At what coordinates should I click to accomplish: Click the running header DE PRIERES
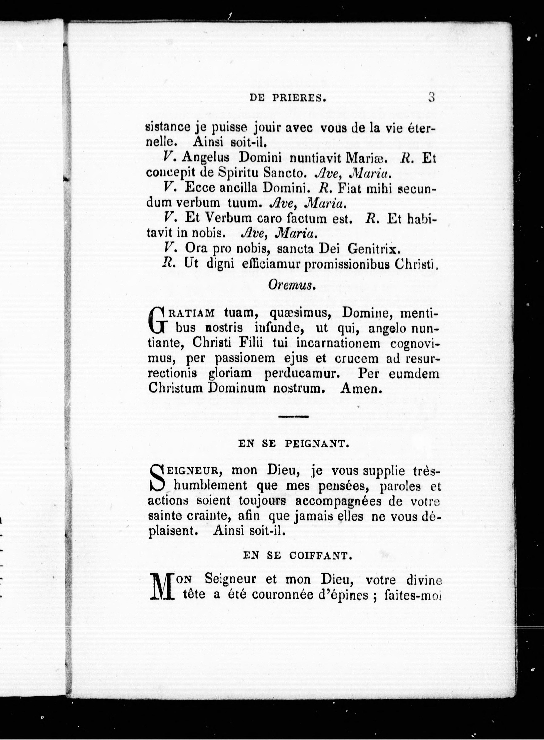(x=288, y=98)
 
